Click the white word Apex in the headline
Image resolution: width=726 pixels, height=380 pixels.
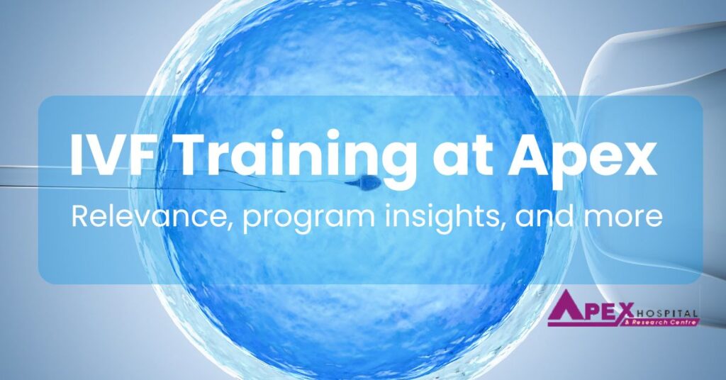tap(583, 160)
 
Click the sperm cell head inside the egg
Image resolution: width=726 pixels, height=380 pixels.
tap(370, 184)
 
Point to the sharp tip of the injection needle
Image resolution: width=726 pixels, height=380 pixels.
tap(284, 191)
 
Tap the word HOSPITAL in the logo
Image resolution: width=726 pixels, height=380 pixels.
tap(666, 313)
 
